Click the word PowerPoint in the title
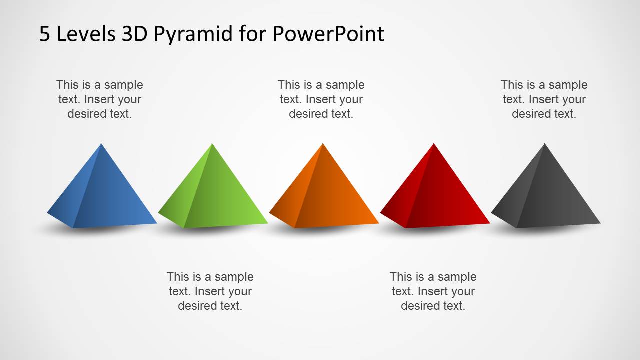328,34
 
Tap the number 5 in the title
45,34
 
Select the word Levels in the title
85,34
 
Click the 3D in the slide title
134,34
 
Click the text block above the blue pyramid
99,99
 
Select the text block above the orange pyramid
321,99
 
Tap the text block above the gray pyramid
544,99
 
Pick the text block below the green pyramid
210,291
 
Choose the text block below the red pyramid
433,291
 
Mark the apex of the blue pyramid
101,144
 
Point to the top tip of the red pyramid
434,144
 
